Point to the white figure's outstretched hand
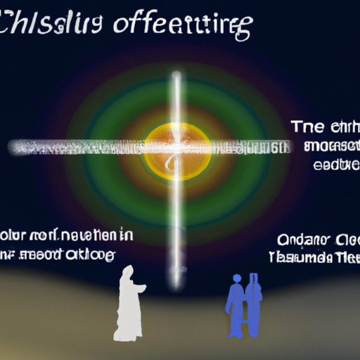point(143,287)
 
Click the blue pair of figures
point(245,304)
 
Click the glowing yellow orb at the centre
point(177,148)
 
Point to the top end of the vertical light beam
point(177,75)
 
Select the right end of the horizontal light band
point(287,148)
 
